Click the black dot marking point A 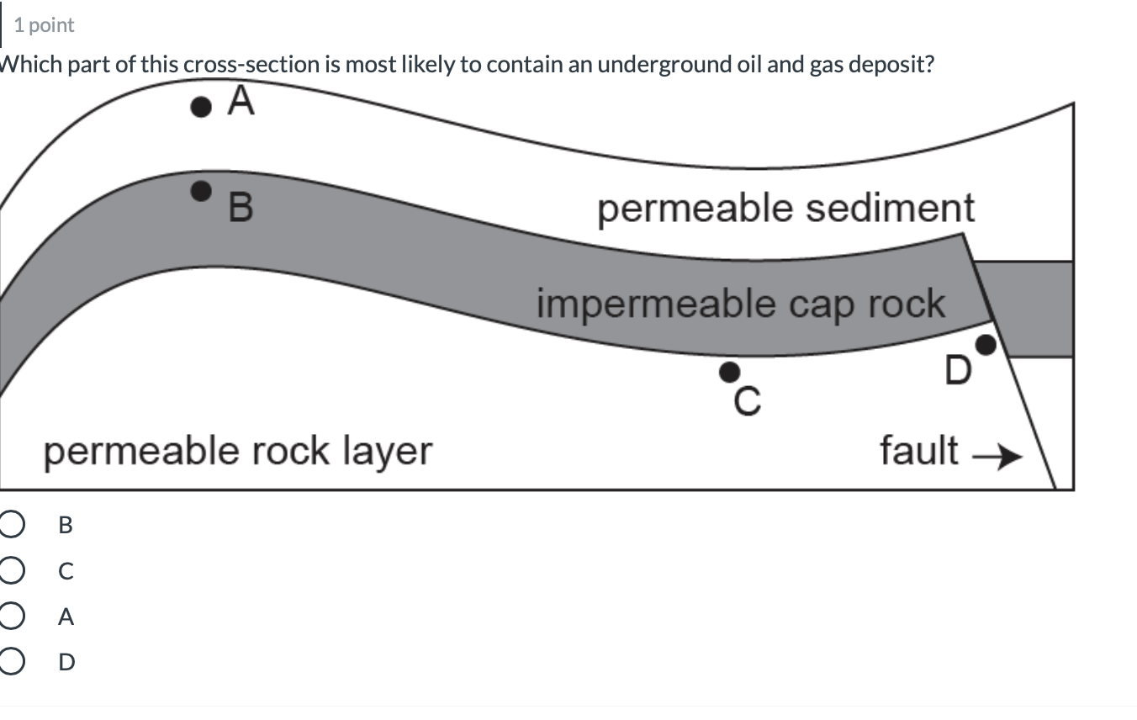pyautogui.click(x=200, y=107)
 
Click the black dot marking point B pyautogui.click(x=200, y=191)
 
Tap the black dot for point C pyautogui.click(x=730, y=371)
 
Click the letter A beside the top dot pyautogui.click(x=241, y=102)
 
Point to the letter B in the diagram pyautogui.click(x=240, y=208)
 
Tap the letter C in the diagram pyautogui.click(x=746, y=403)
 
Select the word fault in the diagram pyautogui.click(x=918, y=450)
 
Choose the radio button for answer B pyautogui.click(x=9, y=525)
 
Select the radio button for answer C pyautogui.click(x=9, y=571)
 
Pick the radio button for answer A pyautogui.click(x=9, y=617)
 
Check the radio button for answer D pyautogui.click(x=9, y=663)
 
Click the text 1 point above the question pyautogui.click(x=44, y=25)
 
